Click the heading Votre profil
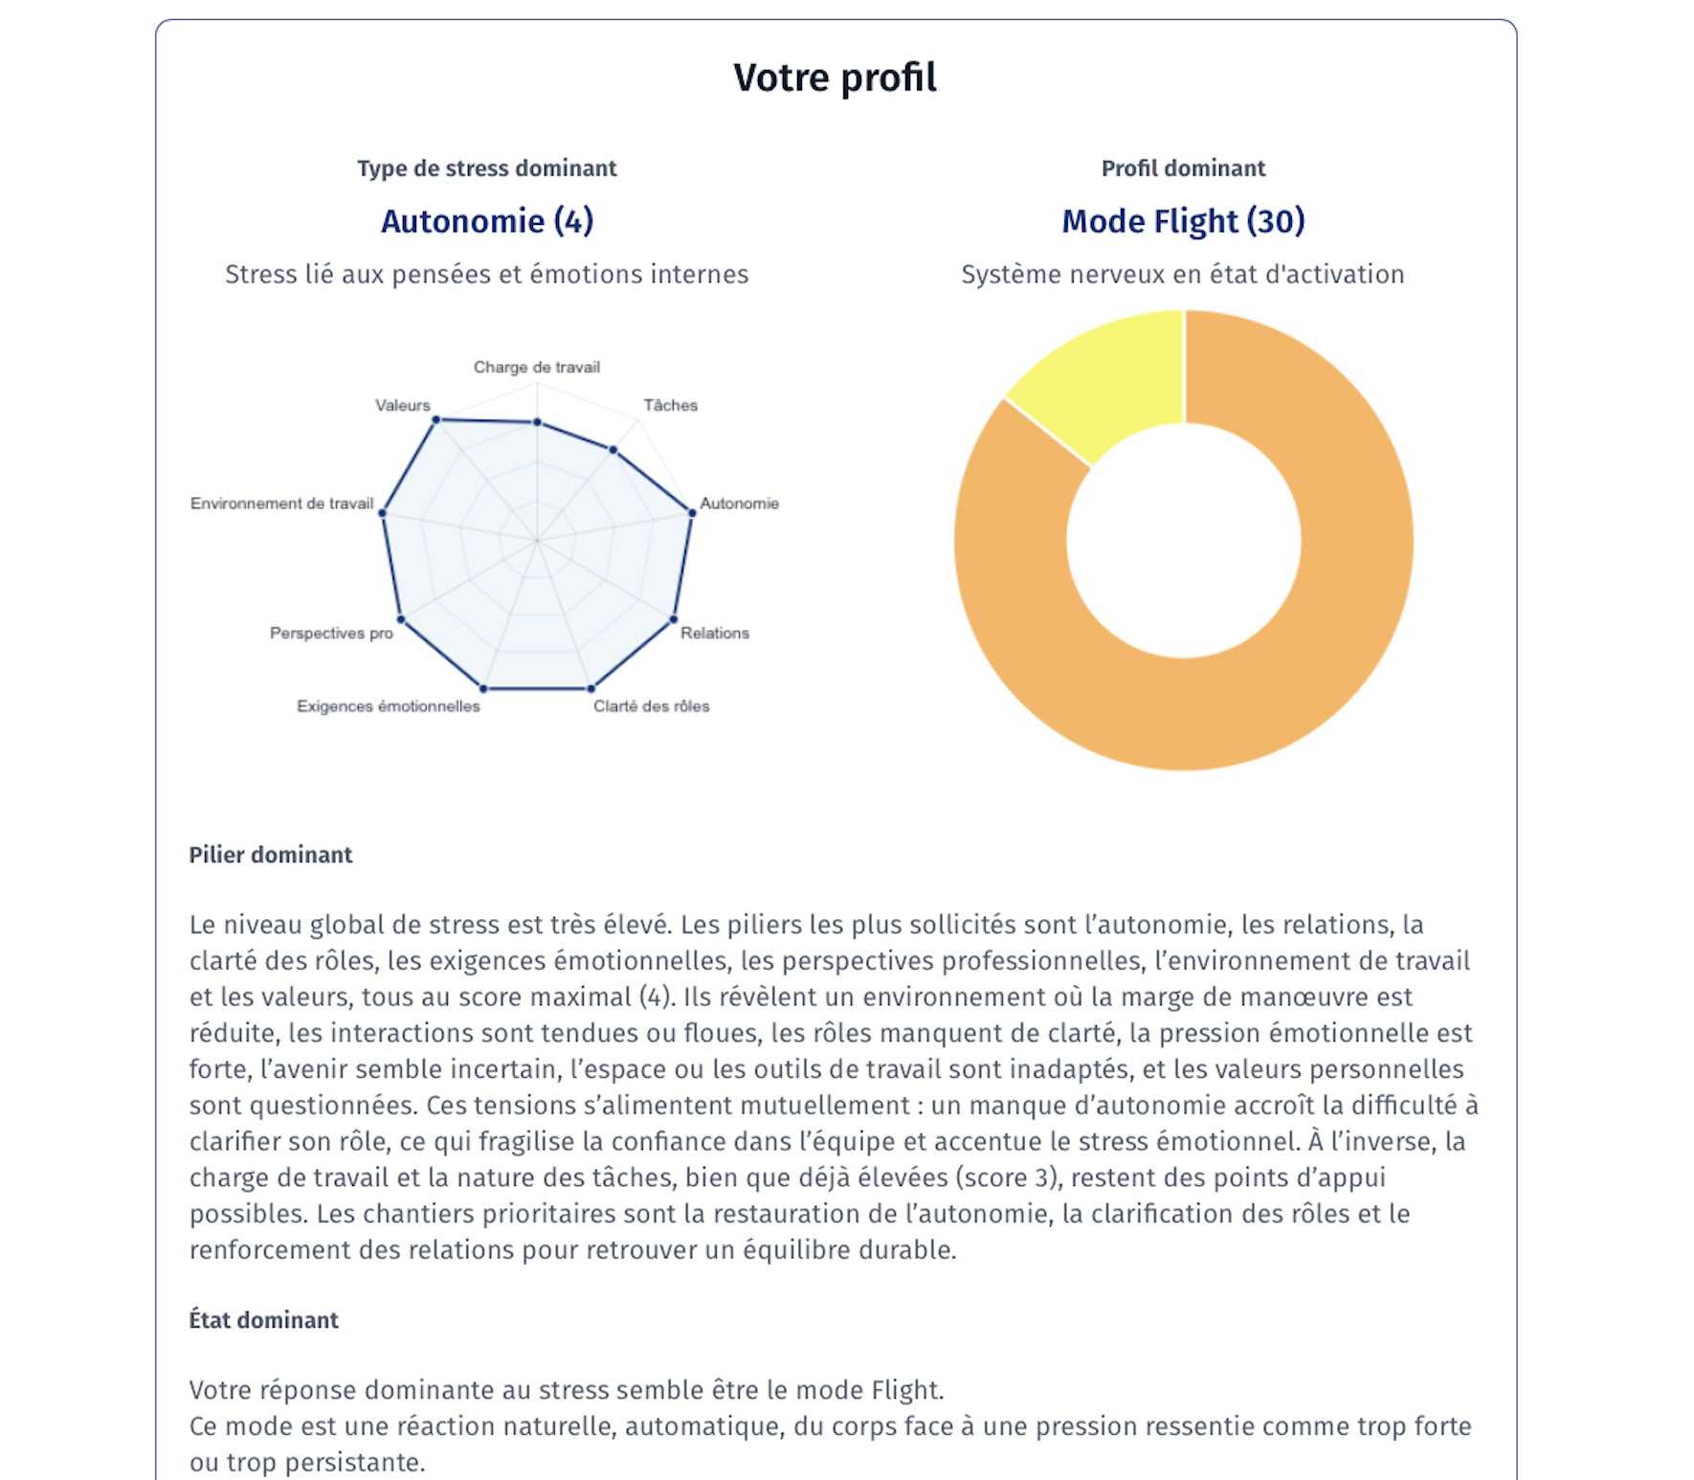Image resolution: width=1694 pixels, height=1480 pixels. pyautogui.click(x=835, y=78)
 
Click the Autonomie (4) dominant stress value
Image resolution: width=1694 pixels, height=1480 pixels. pyautogui.click(x=487, y=221)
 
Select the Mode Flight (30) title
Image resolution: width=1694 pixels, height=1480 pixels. pyautogui.click(x=1183, y=221)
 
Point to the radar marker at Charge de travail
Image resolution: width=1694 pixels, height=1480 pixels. pyautogui.click(x=537, y=422)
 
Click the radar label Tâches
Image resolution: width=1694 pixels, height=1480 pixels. pyautogui.click(x=670, y=406)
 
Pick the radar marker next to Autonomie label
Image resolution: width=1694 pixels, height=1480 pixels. pyautogui.click(x=692, y=513)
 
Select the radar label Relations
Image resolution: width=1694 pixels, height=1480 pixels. pyautogui.click(x=714, y=633)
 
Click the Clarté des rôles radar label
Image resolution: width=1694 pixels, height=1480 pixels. pyautogui.click(x=651, y=706)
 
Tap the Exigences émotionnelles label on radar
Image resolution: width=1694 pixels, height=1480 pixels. pyautogui.click(x=388, y=706)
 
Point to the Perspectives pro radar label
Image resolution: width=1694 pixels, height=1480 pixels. pyautogui.click(x=331, y=633)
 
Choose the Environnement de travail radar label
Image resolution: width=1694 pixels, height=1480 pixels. pyautogui.click(x=281, y=504)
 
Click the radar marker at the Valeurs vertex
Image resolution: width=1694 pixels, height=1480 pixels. pyautogui.click(x=436, y=419)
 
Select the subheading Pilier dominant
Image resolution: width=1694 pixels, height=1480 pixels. pyautogui.click(x=270, y=855)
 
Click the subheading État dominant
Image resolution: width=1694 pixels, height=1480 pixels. pyautogui.click(x=263, y=1320)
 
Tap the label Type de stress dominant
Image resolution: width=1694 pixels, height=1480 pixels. pyautogui.click(x=486, y=168)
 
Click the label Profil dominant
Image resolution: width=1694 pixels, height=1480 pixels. pyautogui.click(x=1183, y=168)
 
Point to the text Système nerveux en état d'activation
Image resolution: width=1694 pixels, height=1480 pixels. pyautogui.click(x=1182, y=275)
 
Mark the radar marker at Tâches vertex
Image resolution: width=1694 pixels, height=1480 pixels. pyautogui.click(x=613, y=449)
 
